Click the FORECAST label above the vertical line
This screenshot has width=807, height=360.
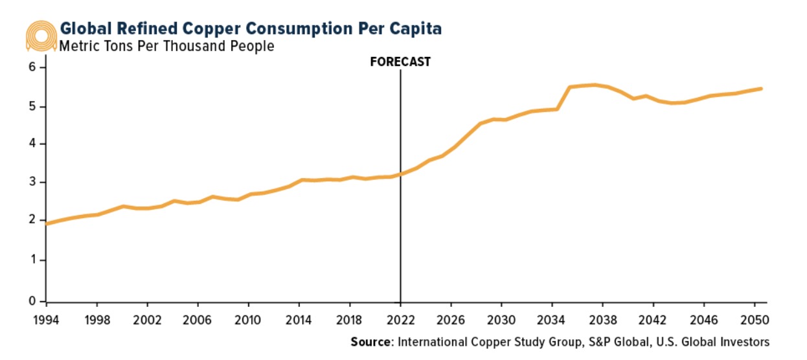(400, 62)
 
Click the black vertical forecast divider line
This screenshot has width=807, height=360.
(400, 194)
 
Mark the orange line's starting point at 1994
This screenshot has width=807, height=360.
(47, 223)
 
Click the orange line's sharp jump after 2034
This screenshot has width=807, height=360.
(563, 98)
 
